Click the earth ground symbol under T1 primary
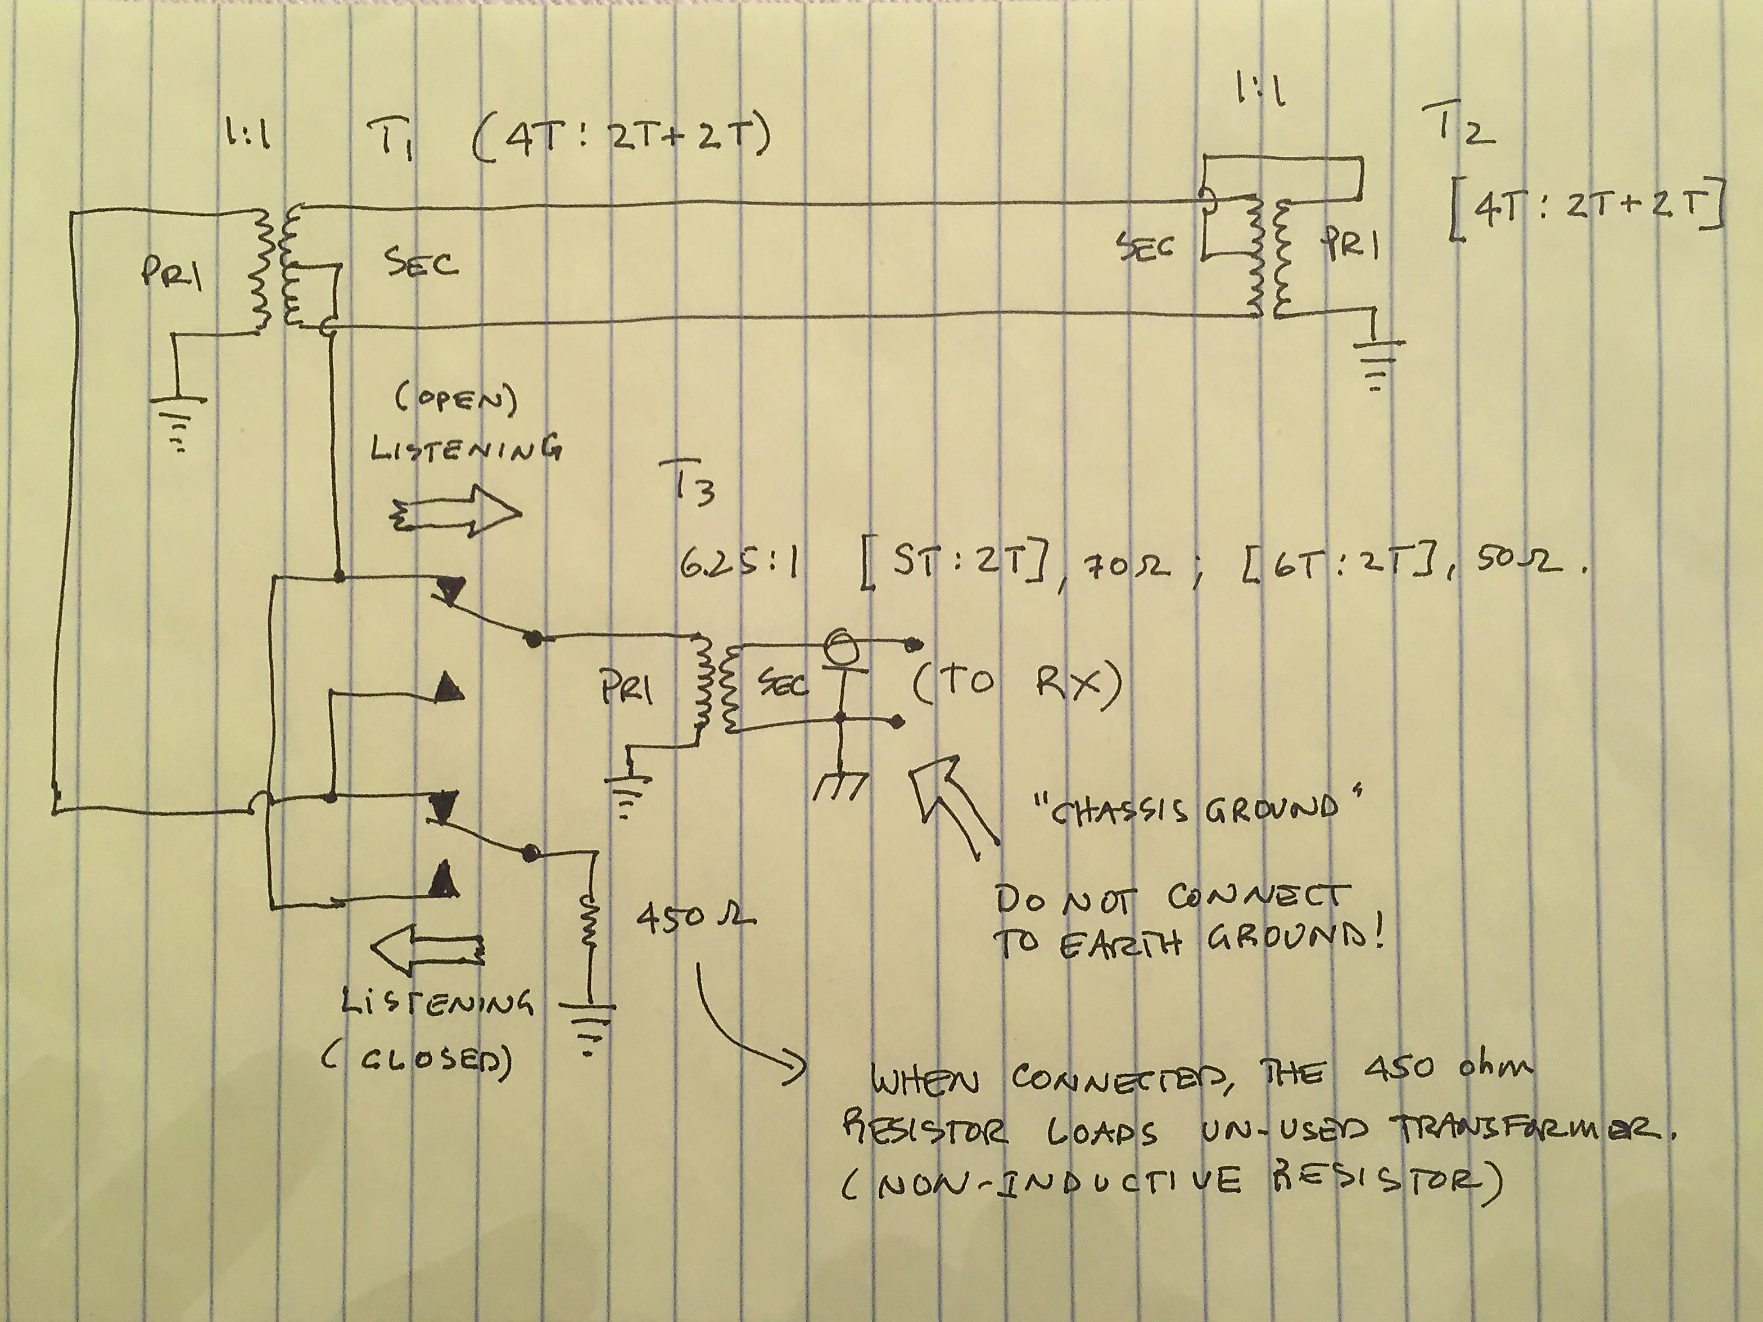[179, 418]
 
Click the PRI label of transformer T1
[171, 275]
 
